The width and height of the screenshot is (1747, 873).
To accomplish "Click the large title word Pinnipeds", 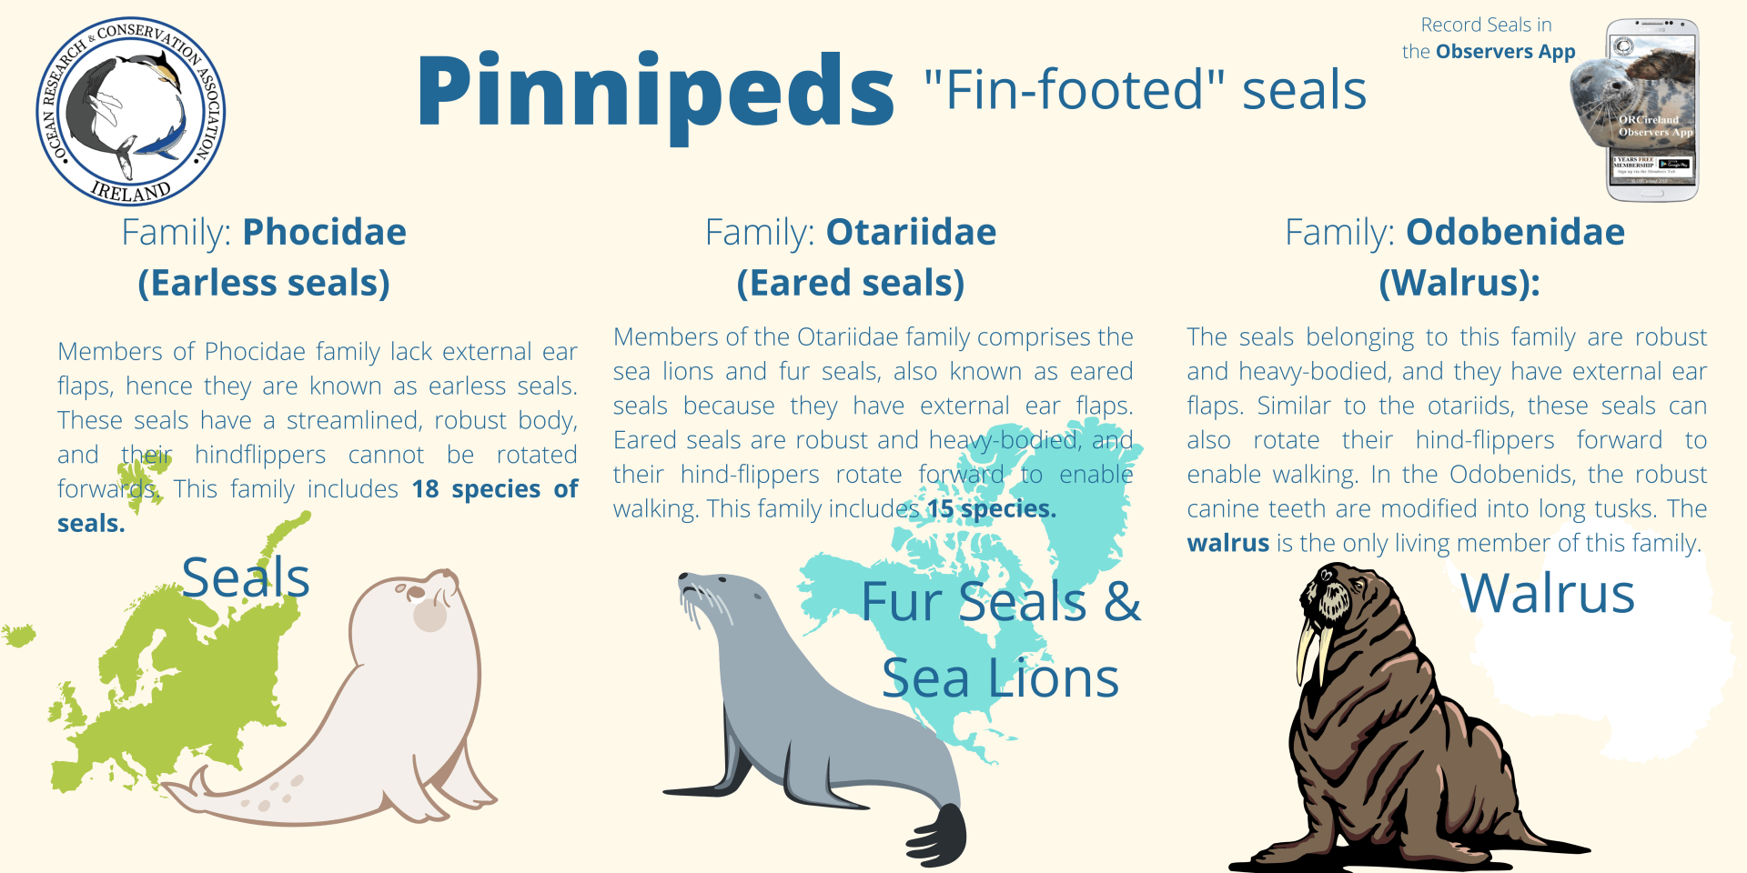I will (x=655, y=91).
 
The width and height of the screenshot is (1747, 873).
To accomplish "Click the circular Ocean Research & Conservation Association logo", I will (x=130, y=111).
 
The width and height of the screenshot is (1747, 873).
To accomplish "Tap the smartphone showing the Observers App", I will (x=1651, y=109).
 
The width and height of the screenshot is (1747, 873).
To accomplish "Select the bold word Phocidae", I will (x=324, y=232).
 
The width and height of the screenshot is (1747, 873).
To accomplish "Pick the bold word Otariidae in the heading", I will (x=911, y=232).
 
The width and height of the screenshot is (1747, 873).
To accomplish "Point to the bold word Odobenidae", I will (x=1515, y=232).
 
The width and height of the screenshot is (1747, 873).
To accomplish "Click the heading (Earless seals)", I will (x=264, y=283).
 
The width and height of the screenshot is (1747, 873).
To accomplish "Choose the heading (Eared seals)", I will (x=850, y=283).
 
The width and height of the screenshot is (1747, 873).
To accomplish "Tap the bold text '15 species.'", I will (x=991, y=508).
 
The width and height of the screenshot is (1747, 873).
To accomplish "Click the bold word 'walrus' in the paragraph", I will (x=1227, y=543).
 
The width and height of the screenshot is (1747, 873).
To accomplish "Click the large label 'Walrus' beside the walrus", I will (x=1547, y=594).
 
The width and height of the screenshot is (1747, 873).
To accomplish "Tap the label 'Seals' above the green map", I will (x=246, y=577).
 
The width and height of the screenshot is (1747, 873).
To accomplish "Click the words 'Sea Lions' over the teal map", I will (x=1000, y=678).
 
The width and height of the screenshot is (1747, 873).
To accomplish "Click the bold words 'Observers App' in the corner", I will (x=1505, y=52).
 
